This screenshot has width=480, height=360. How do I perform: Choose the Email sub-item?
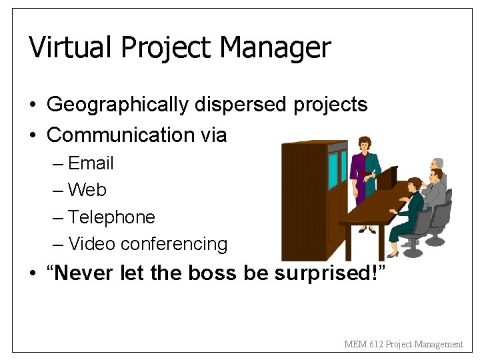(91, 163)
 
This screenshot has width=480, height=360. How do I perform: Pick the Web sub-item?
(87, 190)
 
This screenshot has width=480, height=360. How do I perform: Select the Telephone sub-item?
(111, 217)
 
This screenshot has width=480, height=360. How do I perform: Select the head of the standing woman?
(364, 144)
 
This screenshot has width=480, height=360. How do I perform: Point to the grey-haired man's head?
(437, 164)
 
